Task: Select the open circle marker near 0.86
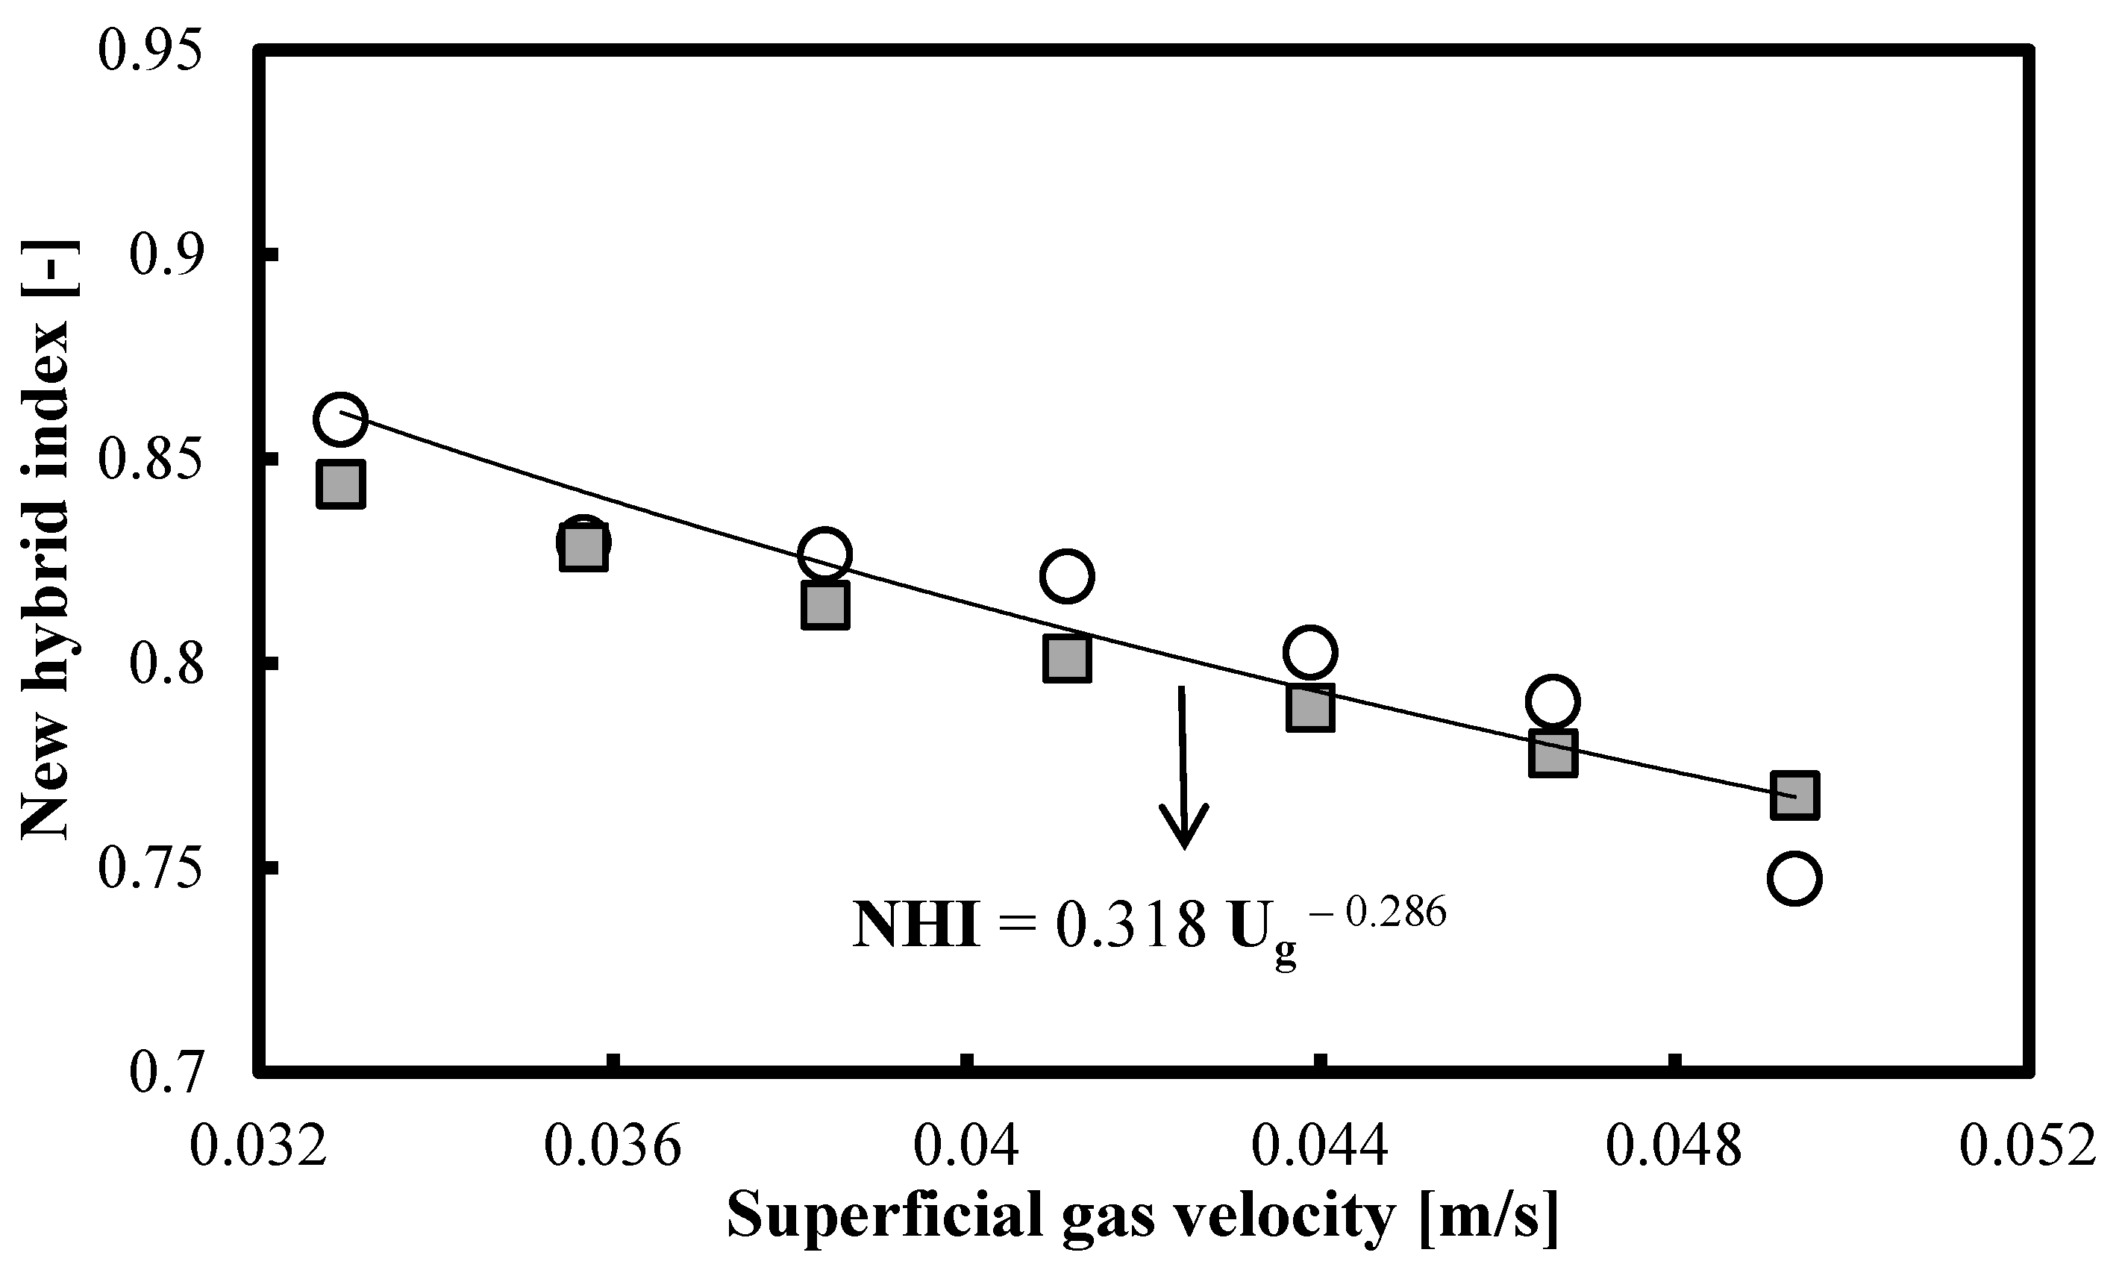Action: point(340,419)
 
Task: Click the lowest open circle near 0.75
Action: point(1794,879)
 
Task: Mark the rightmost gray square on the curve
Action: point(1794,795)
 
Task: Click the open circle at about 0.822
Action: point(1066,575)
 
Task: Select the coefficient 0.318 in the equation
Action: point(1130,928)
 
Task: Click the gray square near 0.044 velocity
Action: point(1309,707)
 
